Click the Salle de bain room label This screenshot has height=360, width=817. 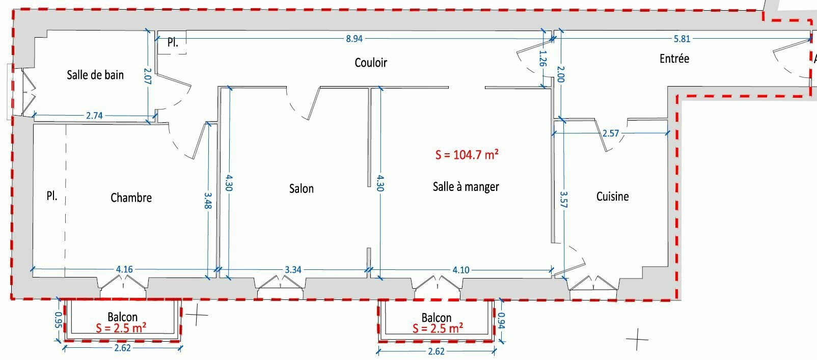[95, 75]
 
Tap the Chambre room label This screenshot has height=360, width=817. [131, 198]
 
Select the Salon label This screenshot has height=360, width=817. [301, 188]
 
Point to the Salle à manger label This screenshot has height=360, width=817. [466, 187]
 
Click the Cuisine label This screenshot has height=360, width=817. [612, 197]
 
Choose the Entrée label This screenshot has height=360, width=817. [674, 59]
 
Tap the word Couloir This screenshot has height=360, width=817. [371, 63]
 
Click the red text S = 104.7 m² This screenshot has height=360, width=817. [467, 155]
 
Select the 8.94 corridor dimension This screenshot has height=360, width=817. [354, 39]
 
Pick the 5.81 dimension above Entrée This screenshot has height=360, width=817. [682, 39]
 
